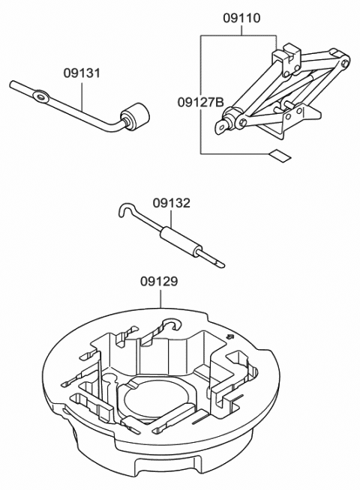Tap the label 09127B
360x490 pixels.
(x=200, y=101)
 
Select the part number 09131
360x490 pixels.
(x=82, y=73)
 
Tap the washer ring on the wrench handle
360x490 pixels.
(x=40, y=95)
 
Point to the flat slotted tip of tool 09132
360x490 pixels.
(x=217, y=262)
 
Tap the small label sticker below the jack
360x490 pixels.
(x=278, y=156)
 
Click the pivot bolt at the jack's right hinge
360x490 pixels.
(x=344, y=64)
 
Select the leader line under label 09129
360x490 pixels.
(x=160, y=298)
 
